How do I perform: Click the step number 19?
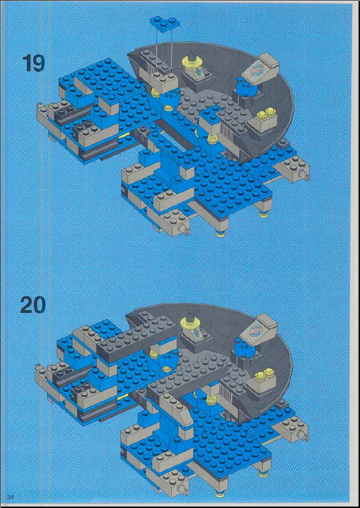34,63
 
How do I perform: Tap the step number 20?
33,305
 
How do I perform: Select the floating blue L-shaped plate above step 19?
165,24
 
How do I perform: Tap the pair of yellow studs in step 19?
266,116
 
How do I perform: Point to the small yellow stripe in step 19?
124,135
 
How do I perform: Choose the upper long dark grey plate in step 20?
137,340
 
